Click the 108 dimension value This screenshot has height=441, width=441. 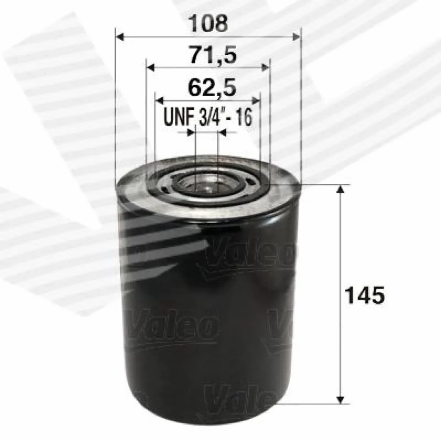209,24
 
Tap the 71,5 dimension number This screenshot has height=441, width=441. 212,54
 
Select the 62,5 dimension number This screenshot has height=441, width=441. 212,87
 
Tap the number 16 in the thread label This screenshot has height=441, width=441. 244,117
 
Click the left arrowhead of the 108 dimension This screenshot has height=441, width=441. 120,37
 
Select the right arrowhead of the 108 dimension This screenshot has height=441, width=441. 296,37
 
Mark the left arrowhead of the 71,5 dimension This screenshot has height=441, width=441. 151,68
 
